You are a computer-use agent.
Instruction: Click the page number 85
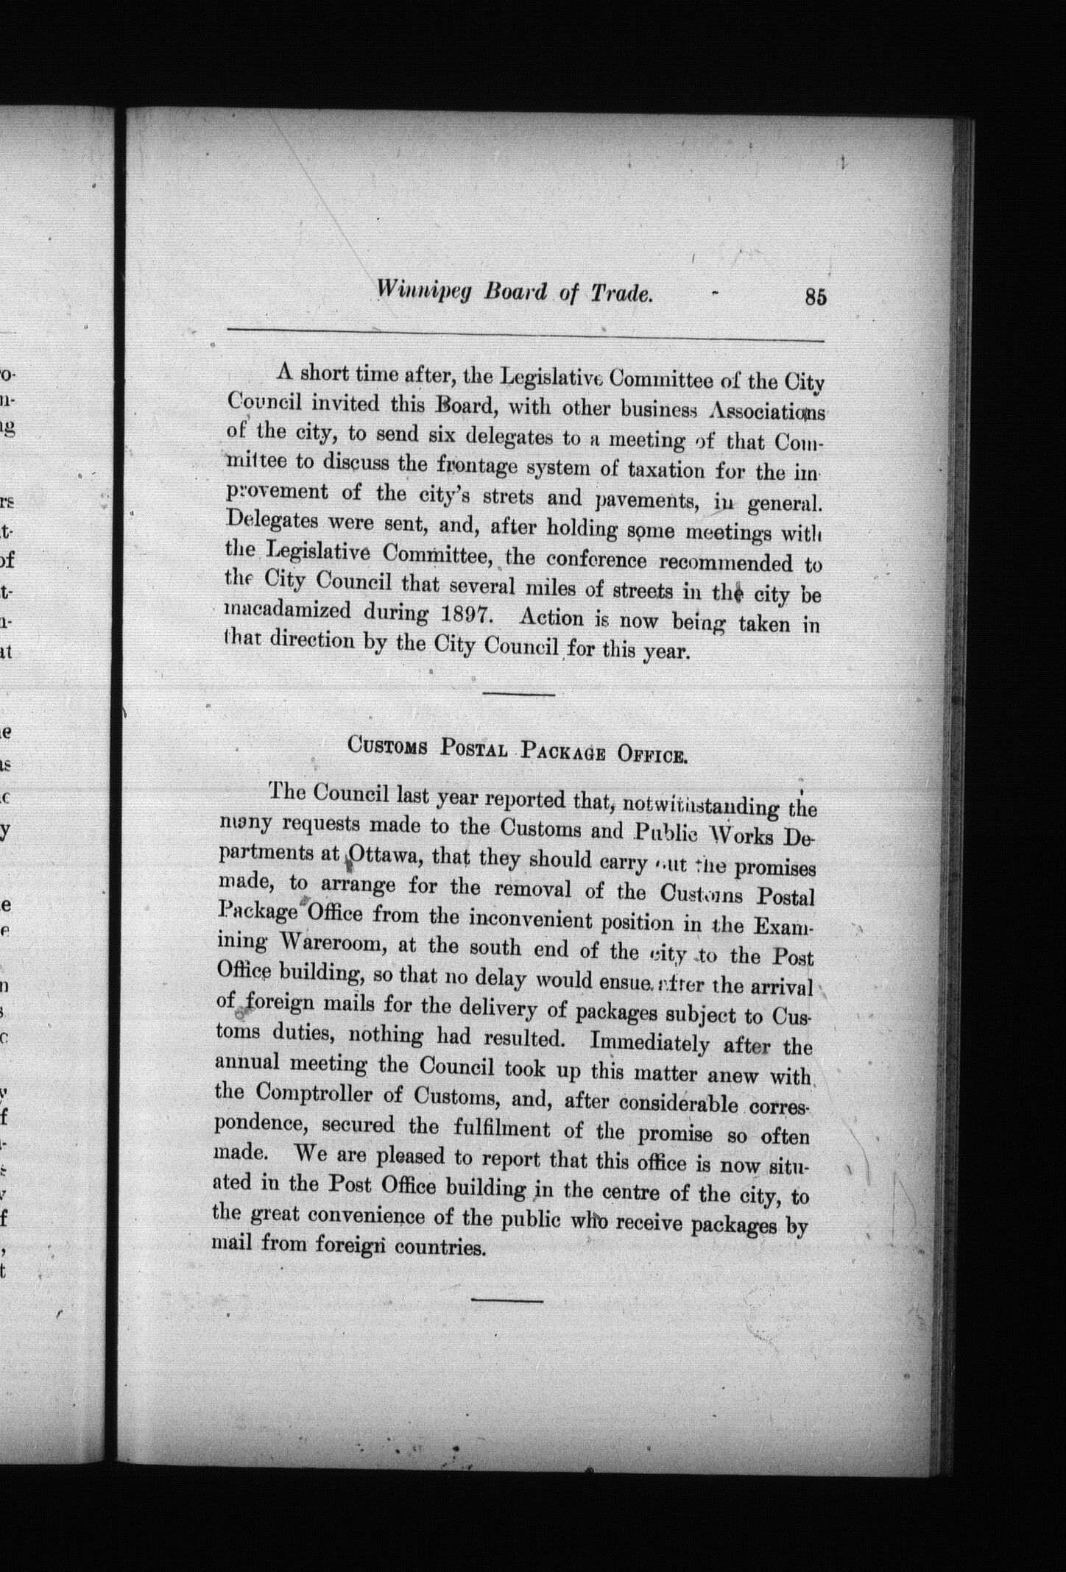(816, 297)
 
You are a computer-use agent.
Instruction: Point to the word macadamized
(286, 611)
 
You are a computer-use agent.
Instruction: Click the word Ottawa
(383, 855)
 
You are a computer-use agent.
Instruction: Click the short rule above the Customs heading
(519, 694)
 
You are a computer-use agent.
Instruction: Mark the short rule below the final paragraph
(506, 1300)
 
